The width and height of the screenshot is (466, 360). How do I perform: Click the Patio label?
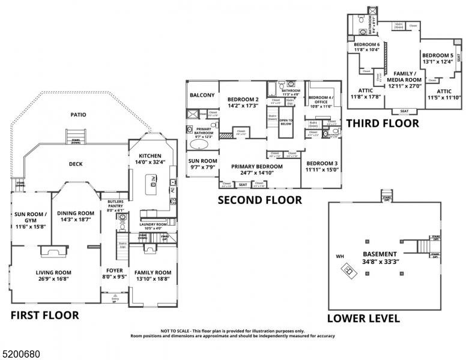point(78,115)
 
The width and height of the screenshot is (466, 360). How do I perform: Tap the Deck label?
point(76,164)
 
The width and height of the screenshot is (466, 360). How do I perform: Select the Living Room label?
point(53,276)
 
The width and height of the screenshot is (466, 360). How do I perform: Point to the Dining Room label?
point(76,217)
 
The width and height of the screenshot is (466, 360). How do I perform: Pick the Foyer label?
point(114,274)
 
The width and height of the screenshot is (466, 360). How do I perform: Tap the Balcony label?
point(202,95)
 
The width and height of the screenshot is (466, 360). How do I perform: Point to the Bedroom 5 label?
point(437,59)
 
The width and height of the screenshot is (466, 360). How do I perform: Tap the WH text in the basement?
point(340,257)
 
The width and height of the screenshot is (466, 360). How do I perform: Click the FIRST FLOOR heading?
point(44,315)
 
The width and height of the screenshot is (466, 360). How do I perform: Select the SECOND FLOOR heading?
point(259,200)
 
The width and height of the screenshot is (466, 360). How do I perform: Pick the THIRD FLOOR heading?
point(383,124)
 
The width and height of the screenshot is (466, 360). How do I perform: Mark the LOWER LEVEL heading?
point(363,319)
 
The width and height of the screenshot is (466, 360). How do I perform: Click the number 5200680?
point(20,355)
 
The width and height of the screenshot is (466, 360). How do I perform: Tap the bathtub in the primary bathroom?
point(201,145)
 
